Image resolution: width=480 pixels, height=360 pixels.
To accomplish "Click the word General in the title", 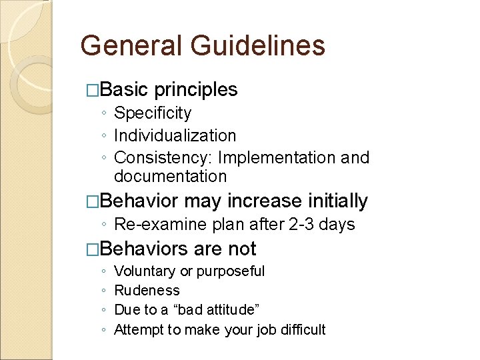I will pos(130,46).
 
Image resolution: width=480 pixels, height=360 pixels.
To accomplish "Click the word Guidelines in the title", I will pos(257,46).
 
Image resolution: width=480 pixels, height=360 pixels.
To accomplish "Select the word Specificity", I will pos(153,113).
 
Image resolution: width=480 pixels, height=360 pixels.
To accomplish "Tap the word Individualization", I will pos(175,135).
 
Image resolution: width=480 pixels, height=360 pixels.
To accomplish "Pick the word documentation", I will pos(170,176).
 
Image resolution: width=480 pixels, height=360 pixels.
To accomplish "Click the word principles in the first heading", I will pos(196,89).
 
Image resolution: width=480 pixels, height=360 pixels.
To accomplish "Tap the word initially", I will pos(338,201).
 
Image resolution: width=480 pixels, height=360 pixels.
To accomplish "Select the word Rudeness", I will pos(147,291).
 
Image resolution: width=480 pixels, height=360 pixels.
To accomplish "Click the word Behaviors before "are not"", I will pos(142,249).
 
